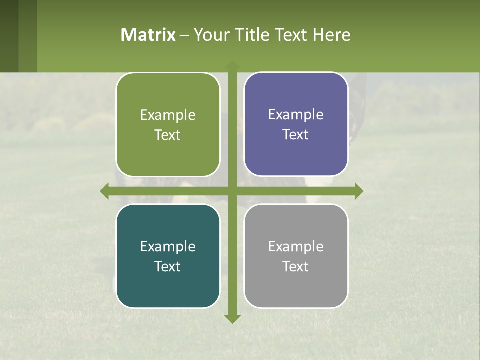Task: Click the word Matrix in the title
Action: (148, 35)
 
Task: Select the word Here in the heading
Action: (331, 35)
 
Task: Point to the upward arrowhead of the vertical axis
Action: (232, 65)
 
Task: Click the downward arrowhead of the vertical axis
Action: (232, 318)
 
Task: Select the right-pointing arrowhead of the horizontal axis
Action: (359, 191)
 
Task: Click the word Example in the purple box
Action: (296, 115)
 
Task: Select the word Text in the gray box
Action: (296, 266)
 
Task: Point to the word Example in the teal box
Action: (168, 246)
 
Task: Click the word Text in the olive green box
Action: (168, 135)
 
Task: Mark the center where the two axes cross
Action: (232, 191)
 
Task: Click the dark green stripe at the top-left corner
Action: (9, 36)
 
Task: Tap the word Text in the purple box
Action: (296, 134)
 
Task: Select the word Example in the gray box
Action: (296, 246)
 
